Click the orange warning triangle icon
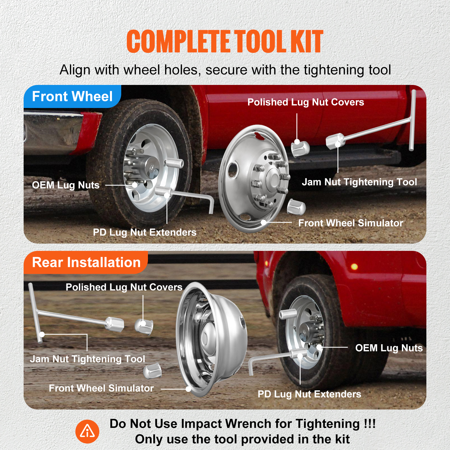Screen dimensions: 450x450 pyautogui.click(x=87, y=431)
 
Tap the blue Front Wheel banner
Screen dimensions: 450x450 pyautogui.click(x=72, y=96)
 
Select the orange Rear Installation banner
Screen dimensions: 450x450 pyautogui.click(x=86, y=262)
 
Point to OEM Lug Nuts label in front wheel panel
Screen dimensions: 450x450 pyautogui.click(x=66, y=185)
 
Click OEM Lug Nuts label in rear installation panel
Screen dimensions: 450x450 pyautogui.click(x=389, y=348)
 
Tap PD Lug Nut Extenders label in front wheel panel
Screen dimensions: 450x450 pyautogui.click(x=145, y=232)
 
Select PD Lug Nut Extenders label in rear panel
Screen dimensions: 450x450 pyautogui.click(x=309, y=394)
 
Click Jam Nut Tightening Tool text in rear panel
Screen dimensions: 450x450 pyautogui.click(x=87, y=359)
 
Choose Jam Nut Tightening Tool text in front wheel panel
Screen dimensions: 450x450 pyautogui.click(x=359, y=182)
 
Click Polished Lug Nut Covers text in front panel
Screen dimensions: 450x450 pyautogui.click(x=305, y=102)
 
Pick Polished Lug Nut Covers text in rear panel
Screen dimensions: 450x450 pyautogui.click(x=124, y=287)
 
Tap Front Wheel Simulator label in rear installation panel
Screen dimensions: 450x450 pyautogui.click(x=101, y=388)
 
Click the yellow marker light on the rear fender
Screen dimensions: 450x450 pyautogui.click(x=354, y=266)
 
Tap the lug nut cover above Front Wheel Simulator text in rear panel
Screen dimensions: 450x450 pyautogui.click(x=152, y=371)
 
